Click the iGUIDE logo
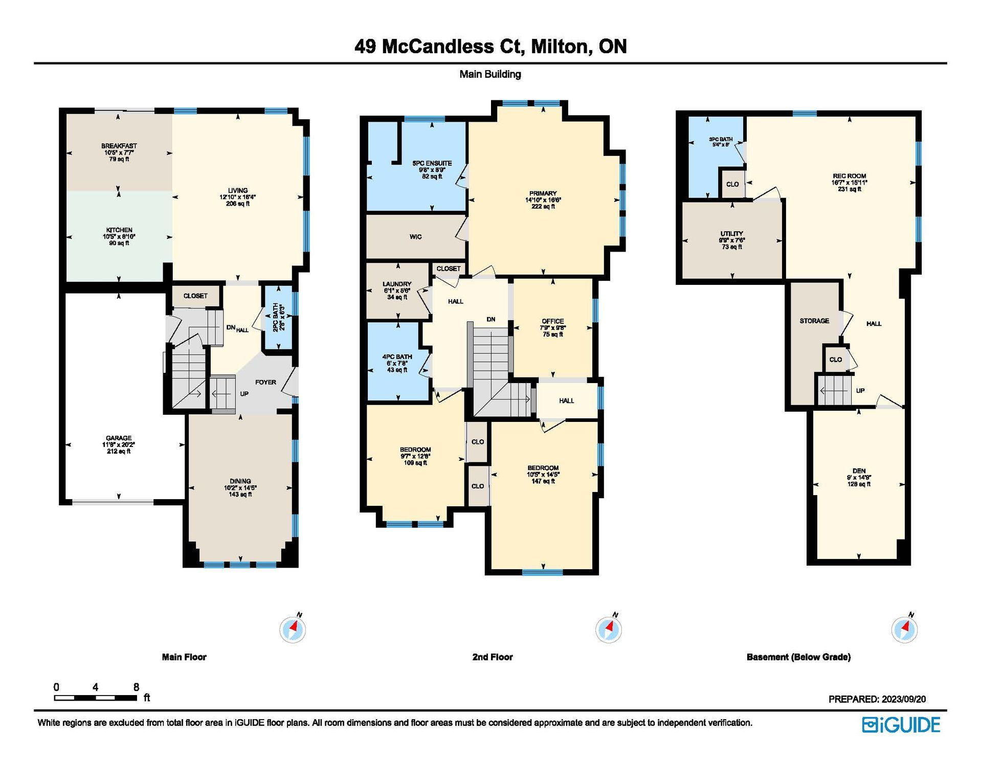(x=901, y=725)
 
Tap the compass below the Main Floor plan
(x=293, y=629)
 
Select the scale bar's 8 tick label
(x=136, y=687)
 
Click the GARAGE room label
(x=119, y=438)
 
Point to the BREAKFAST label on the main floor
(x=119, y=146)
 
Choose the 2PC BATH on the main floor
(x=275, y=318)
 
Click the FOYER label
(x=265, y=382)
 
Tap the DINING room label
(x=240, y=481)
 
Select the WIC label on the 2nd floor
(x=415, y=237)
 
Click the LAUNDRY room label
(x=397, y=284)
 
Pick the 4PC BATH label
(x=397, y=357)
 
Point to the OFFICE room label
(x=553, y=321)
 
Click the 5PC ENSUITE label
(x=432, y=163)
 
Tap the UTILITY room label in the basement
(x=732, y=234)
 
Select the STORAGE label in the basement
(x=814, y=321)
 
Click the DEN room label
(x=859, y=471)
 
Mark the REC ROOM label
(x=850, y=176)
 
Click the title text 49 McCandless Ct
(x=439, y=47)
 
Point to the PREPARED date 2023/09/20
(x=903, y=699)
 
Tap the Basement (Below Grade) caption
(x=798, y=657)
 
